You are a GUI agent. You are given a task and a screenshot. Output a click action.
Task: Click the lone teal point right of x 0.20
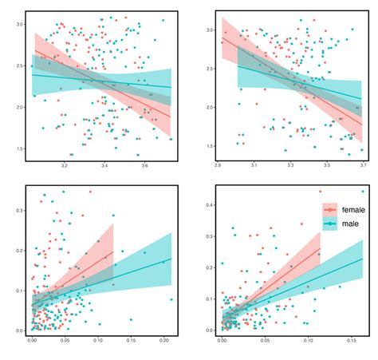(x=171, y=300)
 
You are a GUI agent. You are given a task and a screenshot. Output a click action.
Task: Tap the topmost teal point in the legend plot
(x=363, y=192)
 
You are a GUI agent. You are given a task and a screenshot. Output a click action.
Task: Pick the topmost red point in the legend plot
(x=320, y=192)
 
